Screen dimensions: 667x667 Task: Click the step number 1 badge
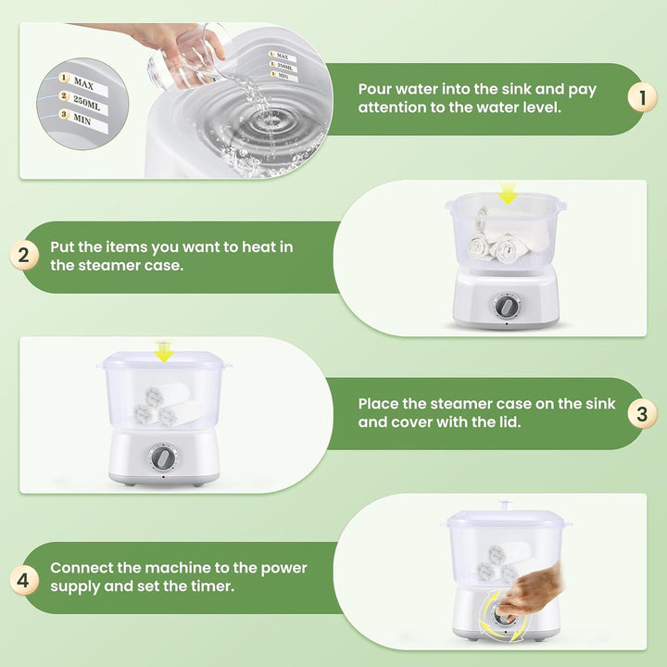tap(642, 97)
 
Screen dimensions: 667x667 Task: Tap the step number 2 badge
tap(24, 256)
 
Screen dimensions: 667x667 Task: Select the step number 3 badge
tap(642, 413)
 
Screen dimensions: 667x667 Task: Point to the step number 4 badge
tap(24, 580)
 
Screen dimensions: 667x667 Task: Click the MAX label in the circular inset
tap(83, 82)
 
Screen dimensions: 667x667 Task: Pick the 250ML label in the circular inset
tap(86, 102)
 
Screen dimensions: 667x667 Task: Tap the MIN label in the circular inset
tap(82, 120)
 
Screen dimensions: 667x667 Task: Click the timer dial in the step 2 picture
tap(506, 306)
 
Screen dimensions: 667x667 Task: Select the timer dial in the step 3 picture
tap(162, 458)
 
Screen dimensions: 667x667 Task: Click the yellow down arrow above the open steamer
tap(508, 194)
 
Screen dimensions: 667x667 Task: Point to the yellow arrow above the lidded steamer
tap(163, 351)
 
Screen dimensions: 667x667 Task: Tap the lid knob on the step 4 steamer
tap(506, 506)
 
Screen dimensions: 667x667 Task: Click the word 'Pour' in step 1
tap(374, 89)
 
